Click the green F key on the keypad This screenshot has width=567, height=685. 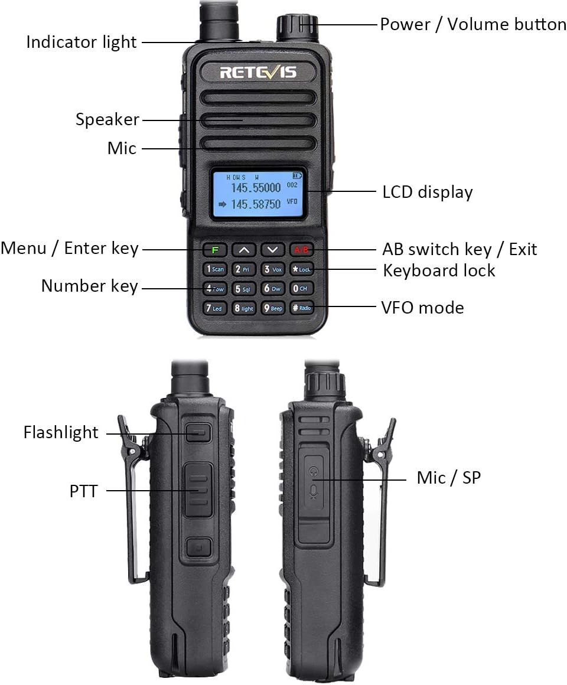pyautogui.click(x=216, y=250)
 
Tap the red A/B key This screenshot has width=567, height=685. pyautogui.click(x=301, y=250)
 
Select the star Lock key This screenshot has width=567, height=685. pyautogui.click(x=301, y=269)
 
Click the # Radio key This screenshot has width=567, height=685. pyautogui.click(x=301, y=308)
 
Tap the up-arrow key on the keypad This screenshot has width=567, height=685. pyautogui.click(x=244, y=250)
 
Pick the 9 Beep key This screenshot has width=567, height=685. pyautogui.click(x=273, y=308)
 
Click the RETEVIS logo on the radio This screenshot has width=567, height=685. pyautogui.click(x=258, y=72)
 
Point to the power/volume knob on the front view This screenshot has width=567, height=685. pyautogui.click(x=298, y=27)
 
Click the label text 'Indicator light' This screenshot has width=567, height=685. pyautogui.click(x=82, y=43)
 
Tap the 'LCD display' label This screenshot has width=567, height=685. pyautogui.click(x=428, y=192)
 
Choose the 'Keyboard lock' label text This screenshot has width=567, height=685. pyautogui.click(x=439, y=270)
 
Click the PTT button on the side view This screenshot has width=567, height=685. pyautogui.click(x=197, y=490)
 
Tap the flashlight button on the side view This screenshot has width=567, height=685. pyautogui.click(x=198, y=432)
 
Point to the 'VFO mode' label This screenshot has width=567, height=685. pyautogui.click(x=422, y=308)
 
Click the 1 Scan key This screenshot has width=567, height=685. pyautogui.click(x=215, y=269)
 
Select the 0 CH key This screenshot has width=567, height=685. pyautogui.click(x=301, y=289)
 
